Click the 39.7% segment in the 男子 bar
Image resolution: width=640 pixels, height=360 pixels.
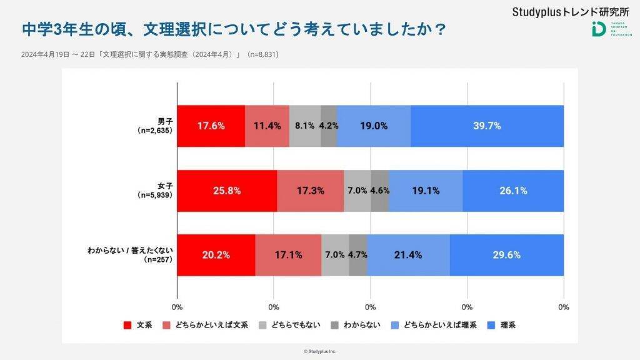click(x=487, y=126)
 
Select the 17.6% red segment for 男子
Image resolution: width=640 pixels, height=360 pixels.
click(x=211, y=126)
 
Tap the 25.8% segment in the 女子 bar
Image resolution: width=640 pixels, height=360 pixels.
click(x=227, y=191)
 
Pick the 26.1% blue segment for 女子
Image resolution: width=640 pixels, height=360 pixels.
click(x=513, y=191)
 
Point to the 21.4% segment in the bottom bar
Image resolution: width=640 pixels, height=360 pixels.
click(x=408, y=255)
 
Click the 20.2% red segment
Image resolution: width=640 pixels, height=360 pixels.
click(x=216, y=255)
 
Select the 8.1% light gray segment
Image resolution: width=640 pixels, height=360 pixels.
click(x=305, y=126)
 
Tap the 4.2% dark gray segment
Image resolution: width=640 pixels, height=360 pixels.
click(x=329, y=126)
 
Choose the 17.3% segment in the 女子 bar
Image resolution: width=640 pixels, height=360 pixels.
click(x=311, y=191)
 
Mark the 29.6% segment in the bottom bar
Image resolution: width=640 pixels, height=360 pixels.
click(x=506, y=255)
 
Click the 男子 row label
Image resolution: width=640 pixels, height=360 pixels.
click(x=154, y=126)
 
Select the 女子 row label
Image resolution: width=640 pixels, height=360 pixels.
click(x=154, y=191)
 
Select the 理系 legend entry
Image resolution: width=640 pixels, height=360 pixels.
click(x=501, y=325)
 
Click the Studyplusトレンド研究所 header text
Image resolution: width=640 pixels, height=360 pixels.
click(x=570, y=11)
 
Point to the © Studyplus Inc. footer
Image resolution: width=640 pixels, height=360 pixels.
click(x=320, y=352)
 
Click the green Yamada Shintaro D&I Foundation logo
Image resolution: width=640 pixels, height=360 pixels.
click(x=598, y=29)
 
